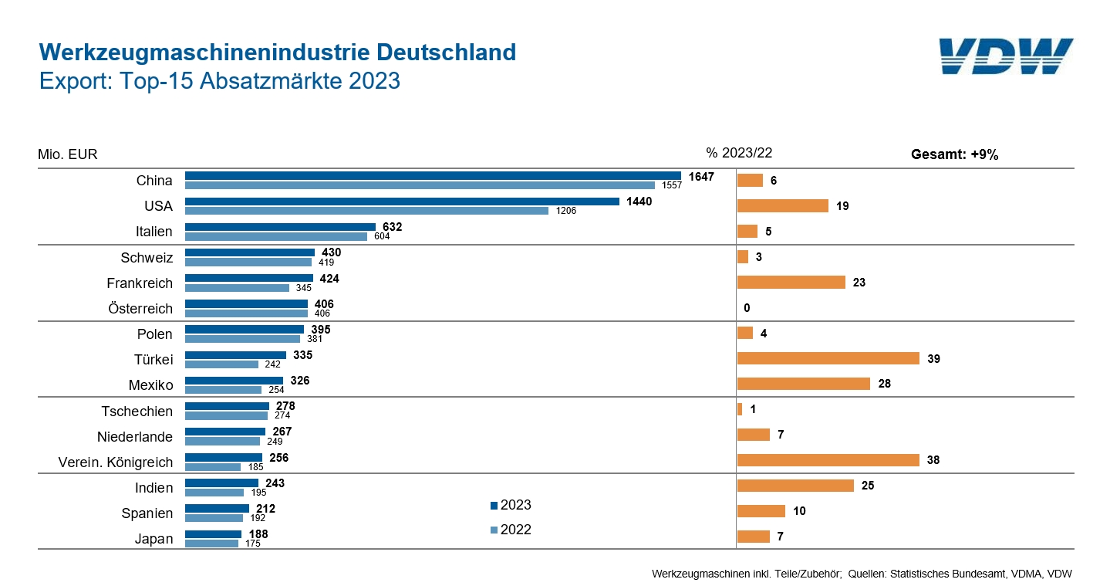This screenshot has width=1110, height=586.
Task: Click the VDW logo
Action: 1006,56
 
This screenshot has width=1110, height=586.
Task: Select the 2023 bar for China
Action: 433,176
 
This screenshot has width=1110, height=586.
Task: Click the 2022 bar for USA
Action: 366,211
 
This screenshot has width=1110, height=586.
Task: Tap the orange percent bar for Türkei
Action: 828,358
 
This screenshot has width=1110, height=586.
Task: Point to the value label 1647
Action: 701,176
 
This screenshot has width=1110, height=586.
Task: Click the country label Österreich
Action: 140,309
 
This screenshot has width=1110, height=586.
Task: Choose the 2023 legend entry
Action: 511,506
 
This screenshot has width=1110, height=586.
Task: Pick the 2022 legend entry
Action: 511,530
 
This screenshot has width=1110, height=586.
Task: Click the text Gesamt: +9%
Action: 954,154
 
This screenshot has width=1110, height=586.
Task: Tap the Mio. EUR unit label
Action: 68,154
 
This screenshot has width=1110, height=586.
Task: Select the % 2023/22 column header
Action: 738,153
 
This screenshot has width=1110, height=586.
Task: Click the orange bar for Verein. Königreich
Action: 827,460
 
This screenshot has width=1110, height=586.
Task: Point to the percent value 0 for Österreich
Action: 747,308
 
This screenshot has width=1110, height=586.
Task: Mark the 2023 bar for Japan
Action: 213,533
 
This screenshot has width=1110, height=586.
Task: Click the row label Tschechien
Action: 137,412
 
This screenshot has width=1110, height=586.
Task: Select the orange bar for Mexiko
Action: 804,384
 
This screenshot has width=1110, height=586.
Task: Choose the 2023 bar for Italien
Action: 280,227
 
